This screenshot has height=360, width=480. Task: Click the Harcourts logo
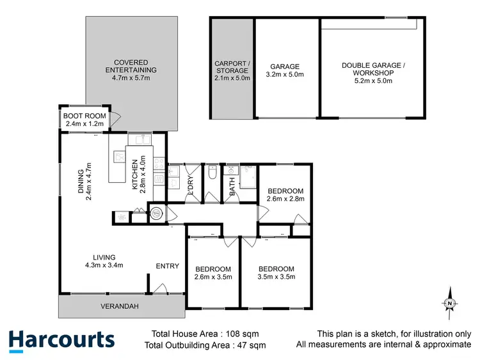point(61,340)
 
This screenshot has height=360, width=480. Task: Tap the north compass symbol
point(450,303)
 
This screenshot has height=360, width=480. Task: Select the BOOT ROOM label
point(84,116)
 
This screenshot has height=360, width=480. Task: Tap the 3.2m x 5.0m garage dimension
point(285,75)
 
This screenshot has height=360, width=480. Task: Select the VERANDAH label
point(120,306)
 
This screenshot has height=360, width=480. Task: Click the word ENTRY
point(168,266)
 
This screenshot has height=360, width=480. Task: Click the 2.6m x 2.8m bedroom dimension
point(285,199)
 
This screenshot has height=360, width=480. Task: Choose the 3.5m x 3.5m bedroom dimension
point(276,277)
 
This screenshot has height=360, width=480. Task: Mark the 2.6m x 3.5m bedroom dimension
point(213,277)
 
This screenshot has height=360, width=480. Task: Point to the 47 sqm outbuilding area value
point(252,345)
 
